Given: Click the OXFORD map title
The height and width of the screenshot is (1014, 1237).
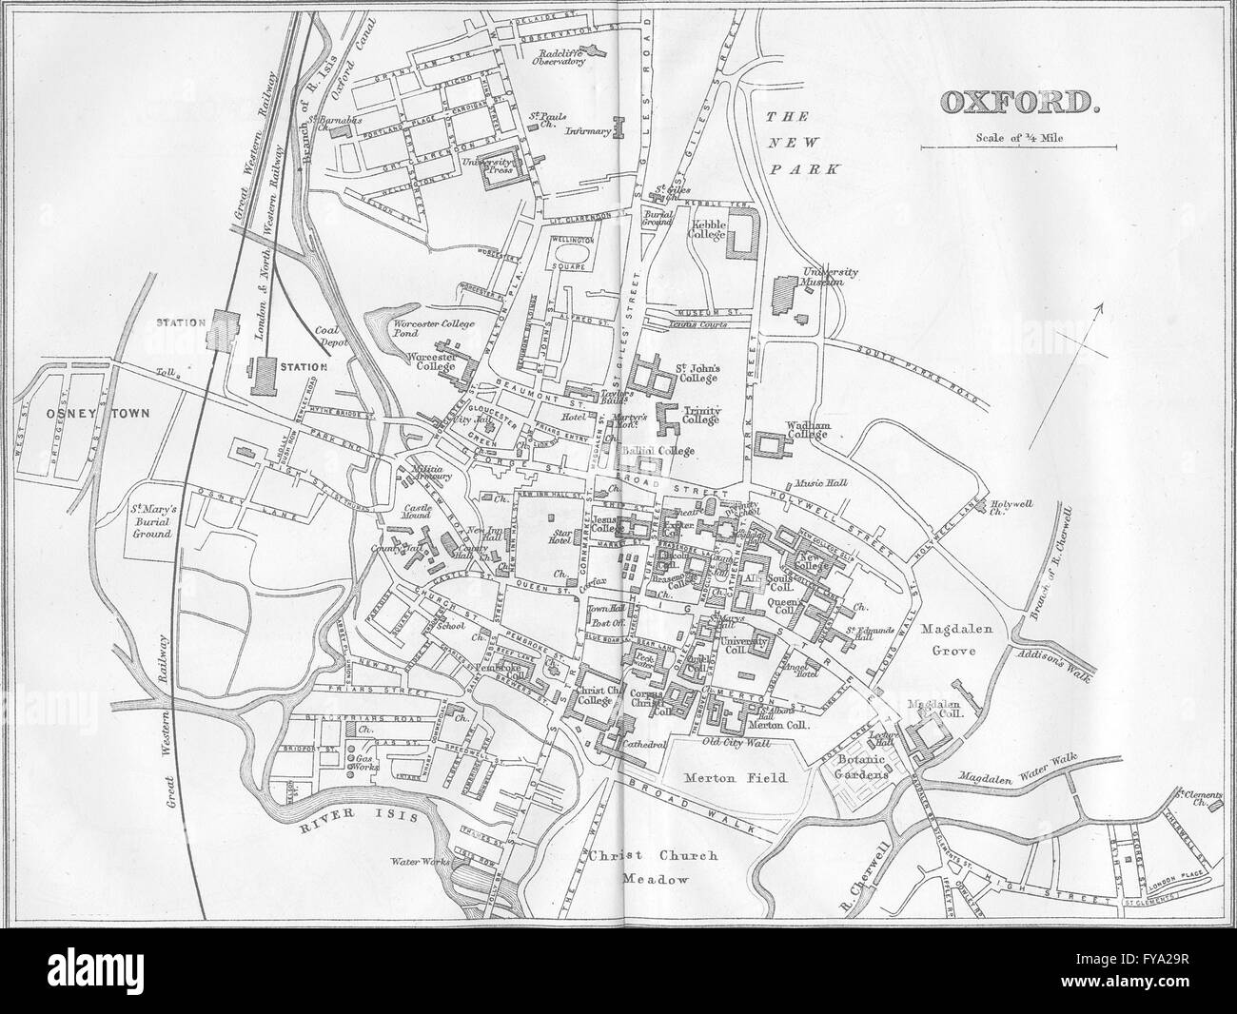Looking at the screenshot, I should (x=1019, y=102).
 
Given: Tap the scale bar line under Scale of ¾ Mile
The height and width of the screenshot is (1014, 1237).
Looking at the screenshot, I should (x=1017, y=147).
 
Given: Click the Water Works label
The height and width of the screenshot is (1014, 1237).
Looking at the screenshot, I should (x=410, y=863).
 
